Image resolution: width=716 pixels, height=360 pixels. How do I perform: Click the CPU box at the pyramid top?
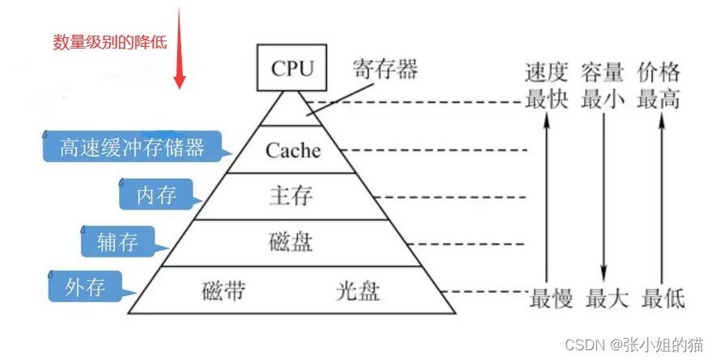coord(292,68)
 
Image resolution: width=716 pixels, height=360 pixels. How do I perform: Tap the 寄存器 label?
coord(384,70)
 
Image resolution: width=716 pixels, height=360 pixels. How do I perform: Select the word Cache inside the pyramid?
coord(293,150)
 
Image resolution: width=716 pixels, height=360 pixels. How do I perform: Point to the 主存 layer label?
coord(290,196)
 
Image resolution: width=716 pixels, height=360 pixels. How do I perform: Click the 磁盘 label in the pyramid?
coord(290,241)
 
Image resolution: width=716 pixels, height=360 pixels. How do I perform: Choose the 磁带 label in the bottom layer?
coord(223,290)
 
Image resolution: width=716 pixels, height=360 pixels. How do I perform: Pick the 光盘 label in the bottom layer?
coord(357,290)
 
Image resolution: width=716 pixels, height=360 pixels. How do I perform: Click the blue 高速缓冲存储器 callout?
coord(133,147)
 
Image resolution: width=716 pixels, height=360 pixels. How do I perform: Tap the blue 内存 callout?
coord(157,195)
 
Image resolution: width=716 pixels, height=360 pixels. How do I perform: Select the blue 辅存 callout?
coord(118,242)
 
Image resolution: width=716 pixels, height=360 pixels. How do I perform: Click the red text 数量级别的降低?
coord(110,42)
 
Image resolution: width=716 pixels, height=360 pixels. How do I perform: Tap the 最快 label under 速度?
coord(547,100)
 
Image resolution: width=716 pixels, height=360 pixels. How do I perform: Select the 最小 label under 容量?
coord(603,100)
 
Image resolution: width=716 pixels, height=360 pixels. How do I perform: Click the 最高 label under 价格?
coord(659,100)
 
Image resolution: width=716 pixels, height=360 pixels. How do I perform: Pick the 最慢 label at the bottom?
coord(552,299)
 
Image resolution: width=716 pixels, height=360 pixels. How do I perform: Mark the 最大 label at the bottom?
coord(607,299)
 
